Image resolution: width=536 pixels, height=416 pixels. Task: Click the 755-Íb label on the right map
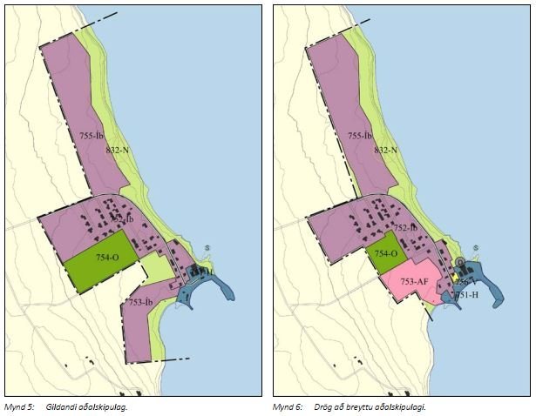coord(360,136)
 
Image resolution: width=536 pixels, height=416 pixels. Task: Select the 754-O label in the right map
coord(385,252)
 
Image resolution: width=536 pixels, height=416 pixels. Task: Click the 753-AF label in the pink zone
coord(413,282)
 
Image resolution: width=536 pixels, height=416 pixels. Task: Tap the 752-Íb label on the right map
coord(406,227)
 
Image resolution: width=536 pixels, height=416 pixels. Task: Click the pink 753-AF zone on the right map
coord(410,292)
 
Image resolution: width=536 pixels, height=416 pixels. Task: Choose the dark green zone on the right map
coord(384,244)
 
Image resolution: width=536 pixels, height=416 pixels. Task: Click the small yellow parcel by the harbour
coord(454,277)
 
